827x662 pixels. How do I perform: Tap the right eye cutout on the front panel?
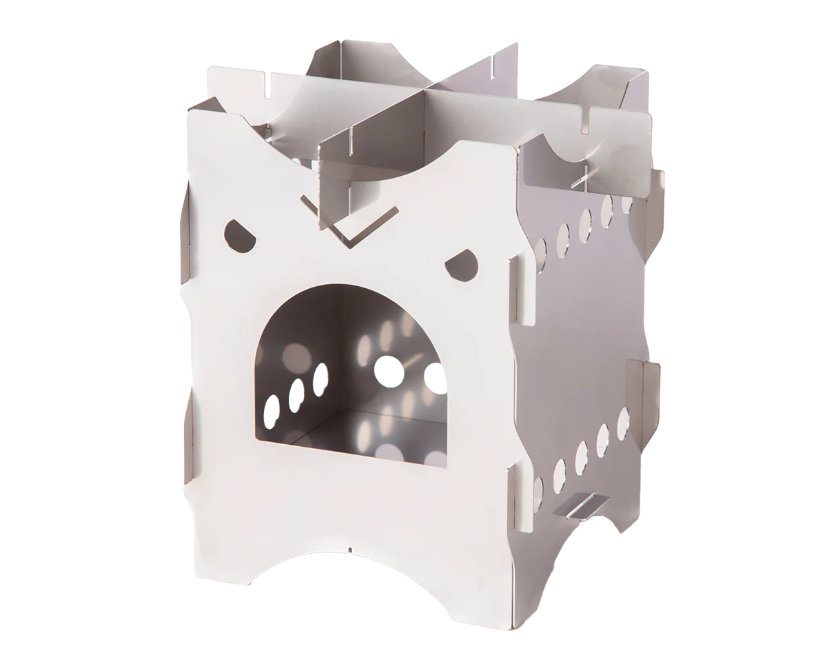pyautogui.click(x=462, y=263)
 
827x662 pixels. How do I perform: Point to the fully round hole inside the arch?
pyautogui.click(x=389, y=371)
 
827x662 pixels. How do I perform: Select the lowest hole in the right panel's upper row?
pyautogui.click(x=541, y=248)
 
